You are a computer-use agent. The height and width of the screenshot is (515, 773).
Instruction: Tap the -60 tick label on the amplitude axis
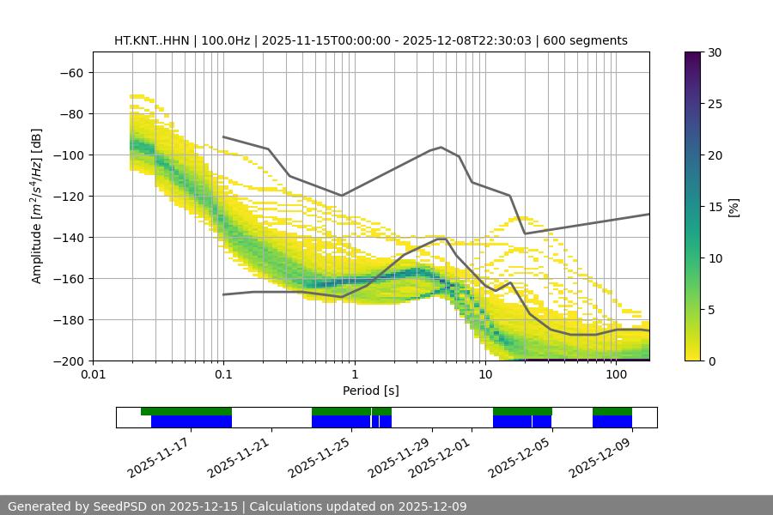point(70,72)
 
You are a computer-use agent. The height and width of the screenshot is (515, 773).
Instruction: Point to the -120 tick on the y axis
point(67,196)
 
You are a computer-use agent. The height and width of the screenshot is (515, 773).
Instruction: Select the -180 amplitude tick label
point(67,319)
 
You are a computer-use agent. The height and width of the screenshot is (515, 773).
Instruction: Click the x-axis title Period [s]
point(370,391)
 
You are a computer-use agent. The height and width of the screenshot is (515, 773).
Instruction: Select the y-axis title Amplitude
point(37,206)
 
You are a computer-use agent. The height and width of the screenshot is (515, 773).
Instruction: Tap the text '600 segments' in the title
point(588,40)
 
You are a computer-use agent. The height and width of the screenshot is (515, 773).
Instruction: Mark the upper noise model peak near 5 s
point(441,147)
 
